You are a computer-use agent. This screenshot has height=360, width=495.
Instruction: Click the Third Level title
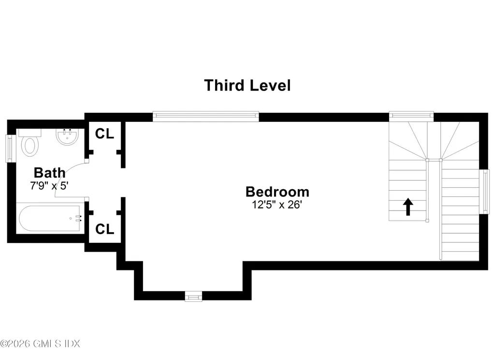247,86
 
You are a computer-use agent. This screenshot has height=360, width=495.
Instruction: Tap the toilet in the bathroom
30,146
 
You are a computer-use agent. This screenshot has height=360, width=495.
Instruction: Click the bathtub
48,219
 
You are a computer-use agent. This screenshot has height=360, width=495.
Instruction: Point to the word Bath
49,172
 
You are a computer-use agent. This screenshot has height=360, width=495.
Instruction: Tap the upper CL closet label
104,134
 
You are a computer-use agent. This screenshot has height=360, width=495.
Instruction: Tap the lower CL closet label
104,229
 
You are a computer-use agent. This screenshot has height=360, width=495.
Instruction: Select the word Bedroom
277,192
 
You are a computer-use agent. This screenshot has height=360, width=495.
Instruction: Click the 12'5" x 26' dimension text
277,204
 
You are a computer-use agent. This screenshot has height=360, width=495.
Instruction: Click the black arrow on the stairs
408,207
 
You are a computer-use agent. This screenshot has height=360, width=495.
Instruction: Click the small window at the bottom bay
193,296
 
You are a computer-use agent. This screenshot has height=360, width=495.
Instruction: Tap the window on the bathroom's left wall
8,149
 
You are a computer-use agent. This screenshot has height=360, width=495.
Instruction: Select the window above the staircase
411,115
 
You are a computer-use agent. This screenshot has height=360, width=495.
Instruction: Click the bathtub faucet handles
78,219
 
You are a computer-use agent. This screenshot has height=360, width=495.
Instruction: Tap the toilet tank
30,133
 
